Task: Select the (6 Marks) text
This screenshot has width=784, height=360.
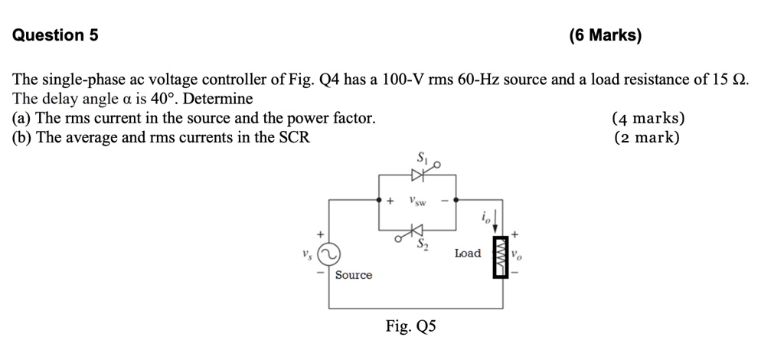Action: click(606, 35)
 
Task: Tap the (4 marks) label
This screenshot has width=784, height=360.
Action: click(648, 119)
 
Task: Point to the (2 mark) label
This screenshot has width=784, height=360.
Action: click(647, 138)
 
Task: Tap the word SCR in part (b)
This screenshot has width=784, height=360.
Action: click(294, 138)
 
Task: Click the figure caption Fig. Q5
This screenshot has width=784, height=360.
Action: click(411, 327)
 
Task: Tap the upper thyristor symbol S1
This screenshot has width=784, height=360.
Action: click(417, 175)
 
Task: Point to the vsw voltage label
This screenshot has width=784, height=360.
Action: click(417, 201)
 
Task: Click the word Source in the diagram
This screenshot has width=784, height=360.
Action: click(353, 275)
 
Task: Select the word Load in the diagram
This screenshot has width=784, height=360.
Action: click(467, 254)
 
